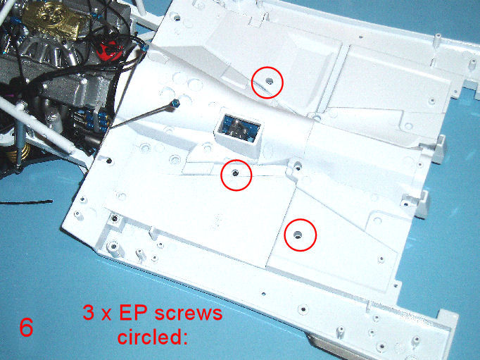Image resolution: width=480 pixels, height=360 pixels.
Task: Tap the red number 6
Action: pyautogui.click(x=26, y=328)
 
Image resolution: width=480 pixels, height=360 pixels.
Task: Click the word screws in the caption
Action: pyautogui.click(x=188, y=314)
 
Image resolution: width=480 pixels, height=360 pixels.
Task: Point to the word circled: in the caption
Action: pyautogui.click(x=153, y=337)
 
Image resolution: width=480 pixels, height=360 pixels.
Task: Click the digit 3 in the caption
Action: pyautogui.click(x=89, y=313)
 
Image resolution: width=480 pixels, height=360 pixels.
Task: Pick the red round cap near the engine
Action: pyautogui.click(x=108, y=51)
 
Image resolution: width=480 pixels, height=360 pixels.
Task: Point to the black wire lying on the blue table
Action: pyautogui.click(x=26, y=202)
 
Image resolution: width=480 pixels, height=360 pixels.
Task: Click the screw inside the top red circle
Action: pyautogui.click(x=270, y=81)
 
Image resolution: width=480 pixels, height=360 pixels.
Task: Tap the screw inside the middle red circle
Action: pyautogui.click(x=235, y=173)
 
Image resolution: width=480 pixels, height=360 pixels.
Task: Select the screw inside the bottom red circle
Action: pyautogui.click(x=297, y=235)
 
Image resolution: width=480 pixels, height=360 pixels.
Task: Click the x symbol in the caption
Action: pyautogui.click(x=106, y=316)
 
